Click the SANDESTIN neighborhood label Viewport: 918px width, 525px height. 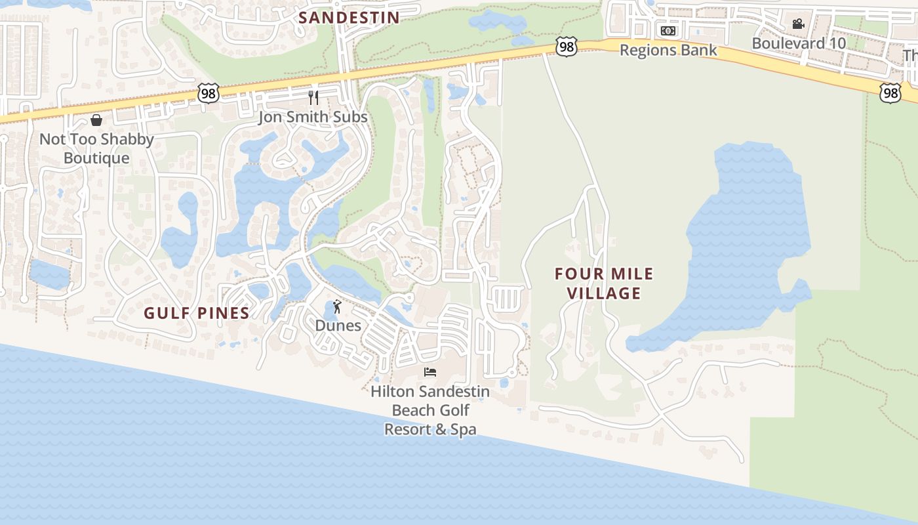pyautogui.click(x=349, y=18)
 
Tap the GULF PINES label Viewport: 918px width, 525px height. pyautogui.click(x=197, y=313)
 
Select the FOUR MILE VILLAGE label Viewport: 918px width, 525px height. pyautogui.click(x=604, y=283)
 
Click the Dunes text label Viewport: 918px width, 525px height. pyautogui.click(x=338, y=325)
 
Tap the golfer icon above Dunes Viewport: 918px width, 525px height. pyautogui.click(x=337, y=306)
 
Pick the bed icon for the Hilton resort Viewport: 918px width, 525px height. pyautogui.click(x=430, y=372)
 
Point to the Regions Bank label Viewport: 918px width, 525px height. pyautogui.click(x=668, y=50)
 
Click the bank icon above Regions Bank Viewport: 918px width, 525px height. pyautogui.click(x=668, y=31)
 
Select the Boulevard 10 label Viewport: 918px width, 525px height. pyautogui.click(x=799, y=43)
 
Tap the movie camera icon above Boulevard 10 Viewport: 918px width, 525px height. pyautogui.click(x=798, y=24)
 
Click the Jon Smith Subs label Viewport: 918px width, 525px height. pyautogui.click(x=313, y=117)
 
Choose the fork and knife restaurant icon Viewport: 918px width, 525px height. pyautogui.click(x=313, y=98)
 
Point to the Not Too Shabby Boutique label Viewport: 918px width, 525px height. pyautogui.click(x=96, y=148)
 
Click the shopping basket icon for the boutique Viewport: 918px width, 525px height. pyautogui.click(x=96, y=120)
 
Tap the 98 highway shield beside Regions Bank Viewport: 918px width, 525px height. pyautogui.click(x=566, y=47)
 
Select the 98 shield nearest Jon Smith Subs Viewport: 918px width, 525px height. pyautogui.click(x=208, y=93)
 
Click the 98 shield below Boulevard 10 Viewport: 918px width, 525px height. pyautogui.click(x=890, y=93)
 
